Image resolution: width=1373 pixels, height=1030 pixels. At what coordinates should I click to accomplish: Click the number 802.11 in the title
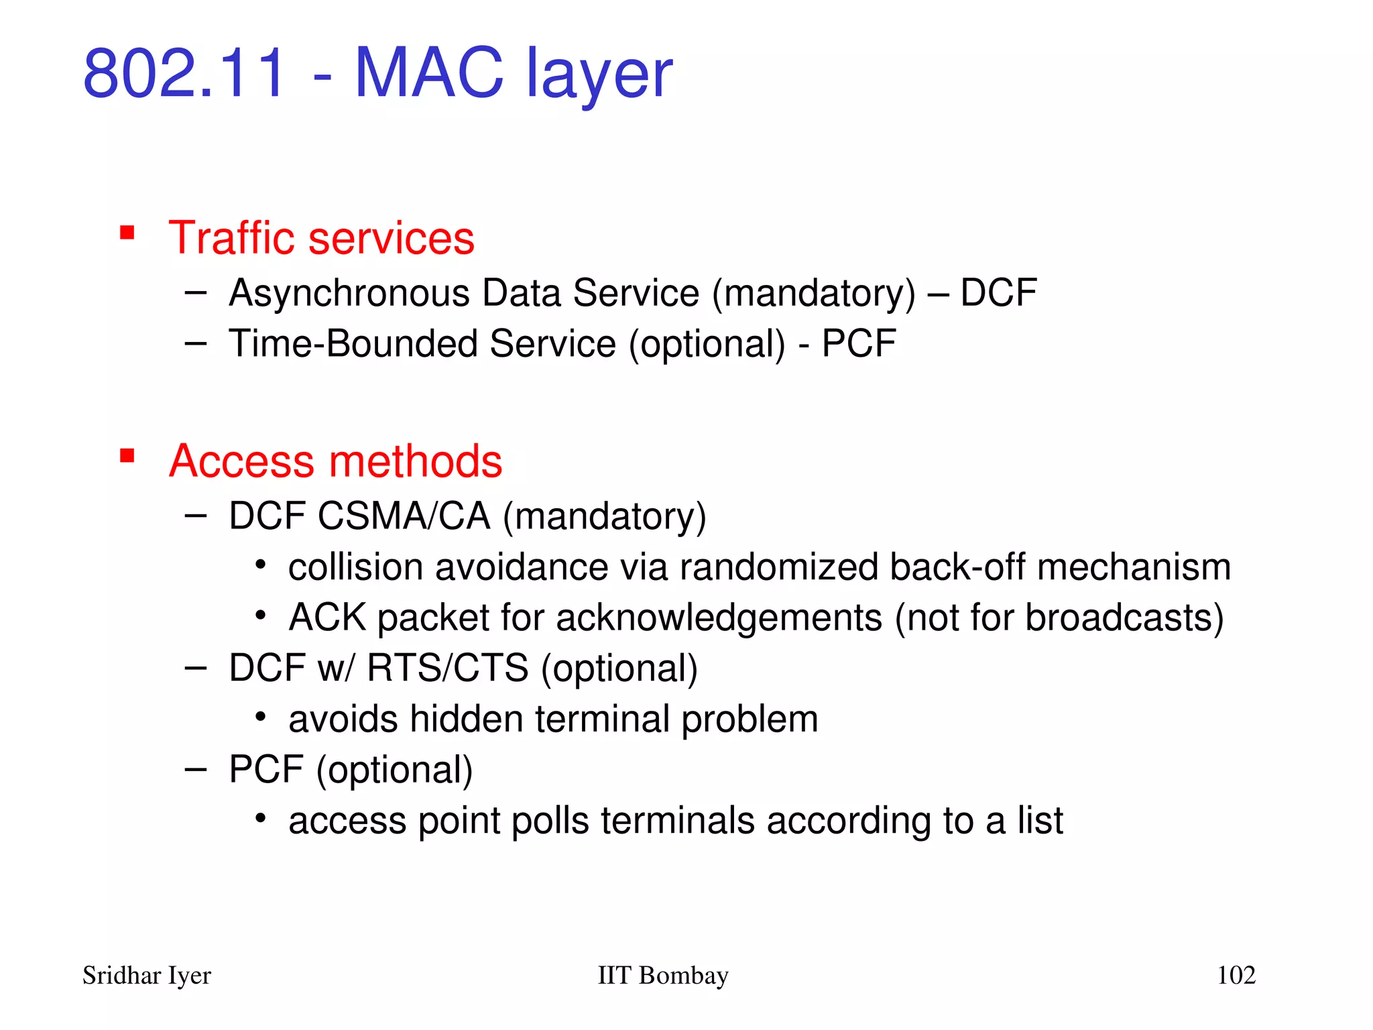tap(184, 72)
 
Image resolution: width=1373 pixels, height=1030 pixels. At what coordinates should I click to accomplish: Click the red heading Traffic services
tap(321, 238)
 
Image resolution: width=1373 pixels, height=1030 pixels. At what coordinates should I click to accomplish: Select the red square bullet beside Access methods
tap(127, 456)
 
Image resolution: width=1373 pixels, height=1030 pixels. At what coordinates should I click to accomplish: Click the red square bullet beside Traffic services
tap(127, 233)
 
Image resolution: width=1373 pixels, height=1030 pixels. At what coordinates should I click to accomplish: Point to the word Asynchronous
tap(349, 294)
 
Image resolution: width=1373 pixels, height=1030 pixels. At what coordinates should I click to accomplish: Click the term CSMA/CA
tap(404, 516)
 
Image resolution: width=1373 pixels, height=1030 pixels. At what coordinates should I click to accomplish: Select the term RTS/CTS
tap(447, 669)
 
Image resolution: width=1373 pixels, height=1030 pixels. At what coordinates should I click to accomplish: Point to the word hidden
tap(467, 719)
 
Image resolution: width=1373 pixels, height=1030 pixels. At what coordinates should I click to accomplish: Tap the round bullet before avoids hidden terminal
tap(261, 717)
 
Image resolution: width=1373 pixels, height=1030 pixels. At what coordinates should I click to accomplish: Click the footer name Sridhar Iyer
tap(146, 976)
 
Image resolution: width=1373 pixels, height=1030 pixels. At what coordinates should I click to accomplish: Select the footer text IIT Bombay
tap(662, 976)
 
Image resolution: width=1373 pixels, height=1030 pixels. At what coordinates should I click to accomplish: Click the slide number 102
tap(1236, 976)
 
